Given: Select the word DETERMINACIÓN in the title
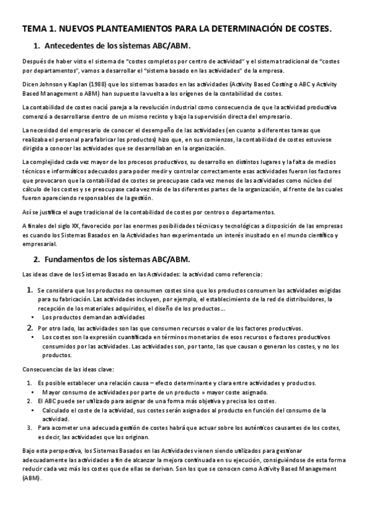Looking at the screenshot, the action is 241,28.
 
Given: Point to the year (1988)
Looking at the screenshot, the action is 89,84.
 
